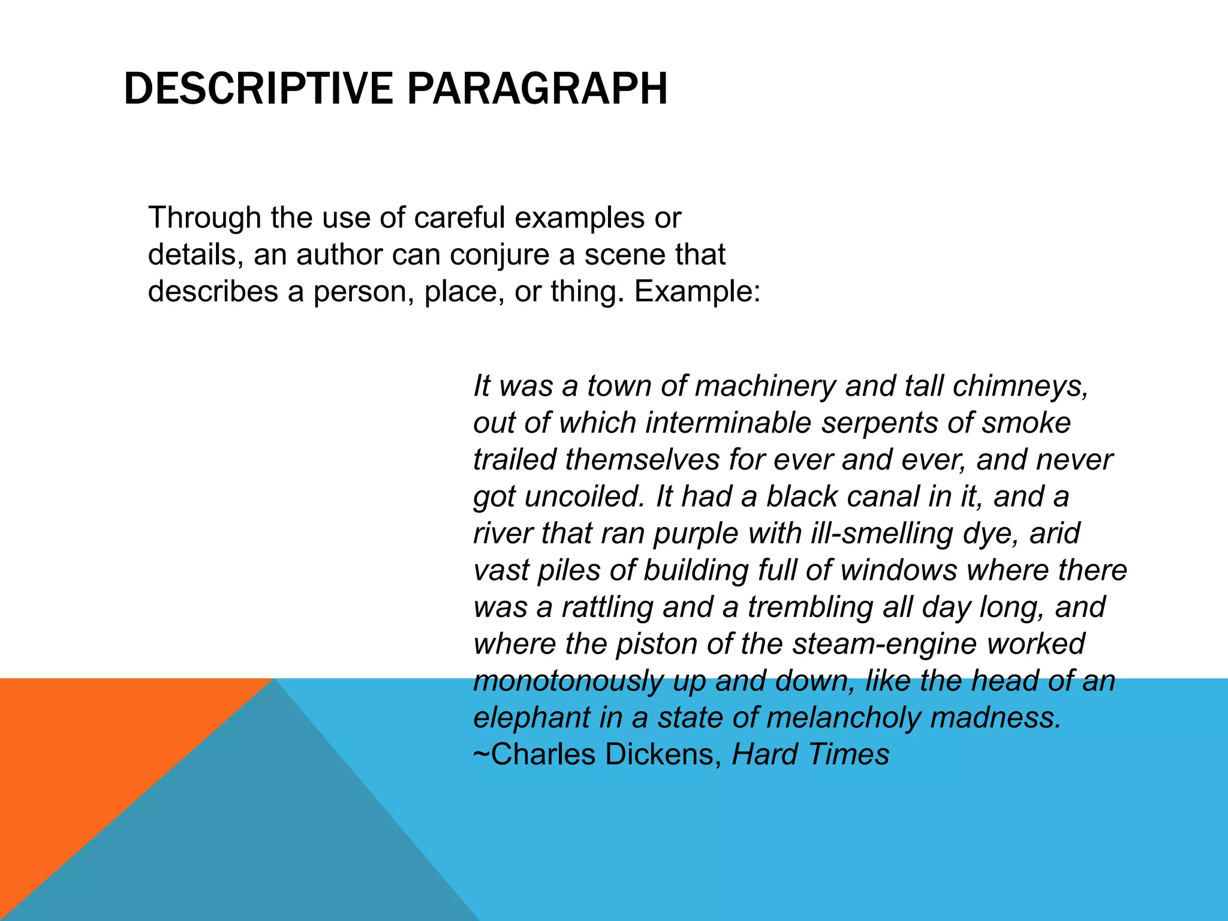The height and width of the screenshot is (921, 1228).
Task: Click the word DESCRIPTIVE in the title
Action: [258, 89]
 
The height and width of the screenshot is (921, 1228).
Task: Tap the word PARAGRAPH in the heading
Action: [537, 89]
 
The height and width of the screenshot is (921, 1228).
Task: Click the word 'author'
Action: [339, 255]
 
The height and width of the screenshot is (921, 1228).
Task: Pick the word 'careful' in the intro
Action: [460, 218]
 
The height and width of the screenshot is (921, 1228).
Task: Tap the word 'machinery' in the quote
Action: [765, 386]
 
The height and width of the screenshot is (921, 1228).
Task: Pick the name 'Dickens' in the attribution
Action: [659, 755]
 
